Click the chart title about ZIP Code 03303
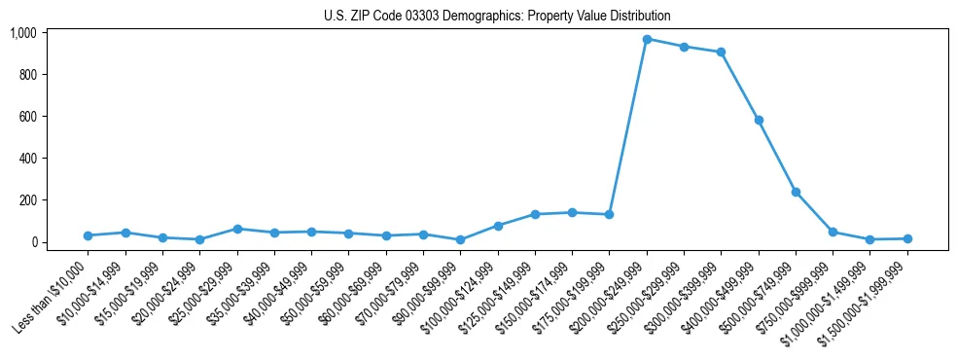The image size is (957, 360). coord(496,16)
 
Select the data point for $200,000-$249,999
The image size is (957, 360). coord(647,39)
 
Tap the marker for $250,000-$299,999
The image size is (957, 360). coord(684,47)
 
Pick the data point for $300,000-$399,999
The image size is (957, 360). coord(721,53)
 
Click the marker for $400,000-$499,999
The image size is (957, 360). coord(759,121)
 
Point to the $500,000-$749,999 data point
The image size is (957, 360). coord(796,192)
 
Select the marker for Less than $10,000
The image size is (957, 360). coord(89,235)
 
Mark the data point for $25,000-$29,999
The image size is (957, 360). coord(237,229)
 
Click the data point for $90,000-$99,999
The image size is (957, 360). coord(460,239)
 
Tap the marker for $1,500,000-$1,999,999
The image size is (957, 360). coord(907,238)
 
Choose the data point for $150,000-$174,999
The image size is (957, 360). coord(572,212)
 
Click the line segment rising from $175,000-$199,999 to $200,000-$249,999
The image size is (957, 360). coord(628,126)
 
